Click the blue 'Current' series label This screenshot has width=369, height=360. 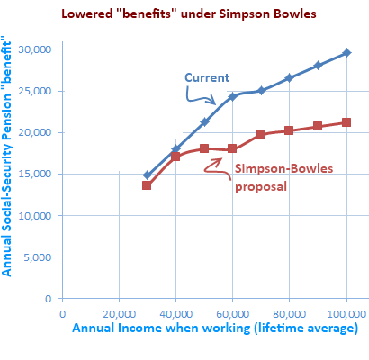click(x=206, y=76)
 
